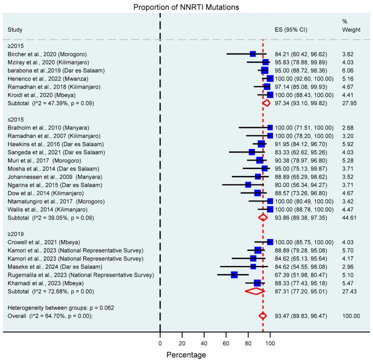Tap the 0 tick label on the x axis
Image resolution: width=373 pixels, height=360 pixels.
click(x=160, y=343)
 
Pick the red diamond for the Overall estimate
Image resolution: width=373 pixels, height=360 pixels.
click(x=262, y=329)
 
